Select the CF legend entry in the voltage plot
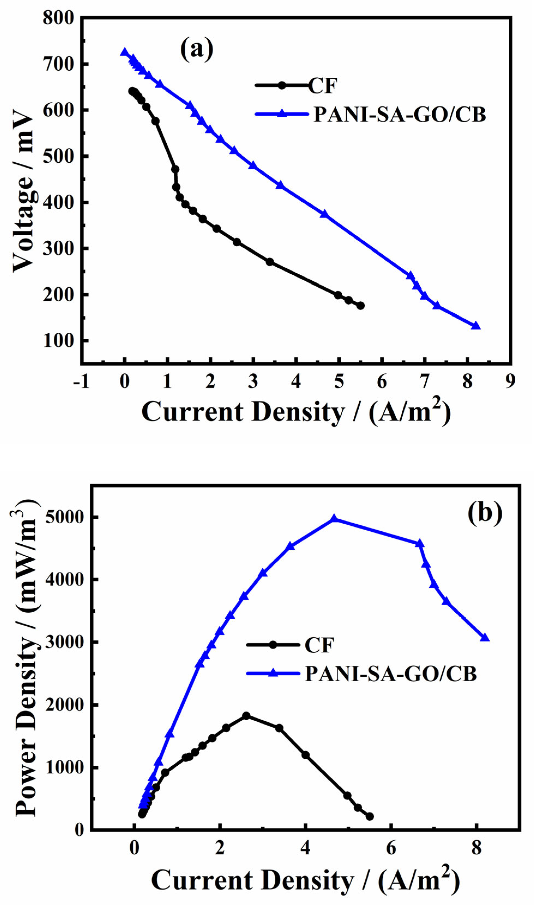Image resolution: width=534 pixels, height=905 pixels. pyautogui.click(x=322, y=86)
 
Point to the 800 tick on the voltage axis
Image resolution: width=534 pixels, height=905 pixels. pyautogui.click(x=58, y=18)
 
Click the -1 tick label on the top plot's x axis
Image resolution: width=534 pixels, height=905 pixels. pyautogui.click(x=81, y=382)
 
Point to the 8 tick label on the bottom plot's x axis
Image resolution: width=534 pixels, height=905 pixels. pyautogui.click(x=476, y=849)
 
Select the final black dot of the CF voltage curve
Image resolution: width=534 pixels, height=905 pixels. pyautogui.click(x=361, y=306)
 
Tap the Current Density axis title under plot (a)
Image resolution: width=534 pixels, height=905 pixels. pyautogui.click(x=296, y=412)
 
